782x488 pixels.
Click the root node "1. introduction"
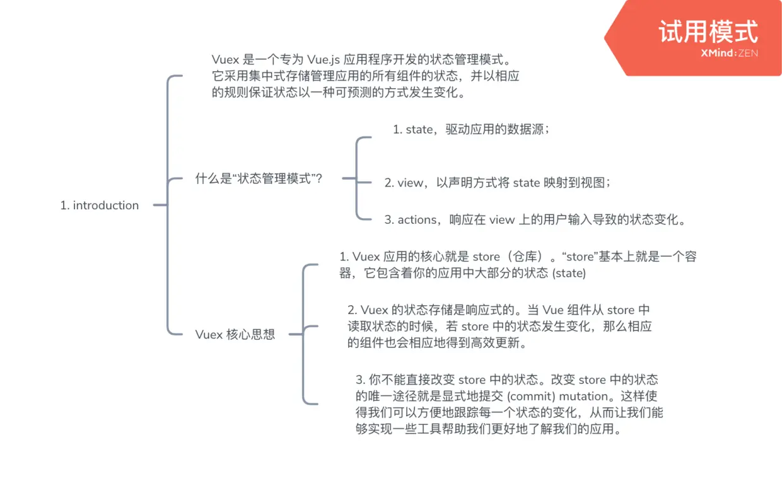coord(100,206)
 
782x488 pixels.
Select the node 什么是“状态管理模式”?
coord(259,179)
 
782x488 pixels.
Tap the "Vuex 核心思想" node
coord(235,335)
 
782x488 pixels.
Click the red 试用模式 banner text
coord(708,32)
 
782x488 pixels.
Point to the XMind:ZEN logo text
coord(729,54)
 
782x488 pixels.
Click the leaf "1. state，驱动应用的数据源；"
coord(471,130)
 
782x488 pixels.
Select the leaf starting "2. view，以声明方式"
coord(498,183)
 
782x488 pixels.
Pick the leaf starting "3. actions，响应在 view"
coord(535,220)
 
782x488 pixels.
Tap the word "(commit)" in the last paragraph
coord(532,397)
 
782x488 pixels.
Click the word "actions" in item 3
coord(417,220)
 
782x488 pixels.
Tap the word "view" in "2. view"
coord(411,183)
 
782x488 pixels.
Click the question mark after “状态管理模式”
coord(319,179)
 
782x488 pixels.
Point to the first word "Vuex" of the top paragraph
coord(225,60)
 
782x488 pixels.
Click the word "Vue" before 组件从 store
coord(553,310)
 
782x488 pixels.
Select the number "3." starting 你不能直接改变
coord(361,380)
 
